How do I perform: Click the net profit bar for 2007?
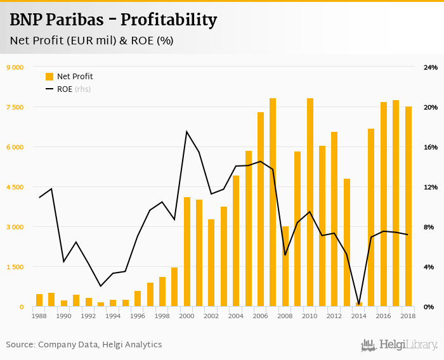point(273,203)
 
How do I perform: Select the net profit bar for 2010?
point(310,203)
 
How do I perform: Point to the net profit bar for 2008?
point(285,266)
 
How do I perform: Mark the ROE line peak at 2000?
point(186,132)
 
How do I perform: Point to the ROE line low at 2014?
point(359,304)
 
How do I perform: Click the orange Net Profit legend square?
point(49,77)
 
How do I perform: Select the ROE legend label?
point(65,89)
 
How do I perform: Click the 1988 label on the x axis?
point(39,315)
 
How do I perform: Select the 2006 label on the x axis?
point(261,315)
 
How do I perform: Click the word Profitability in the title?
point(169,20)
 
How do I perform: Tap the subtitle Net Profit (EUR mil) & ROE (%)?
point(91,41)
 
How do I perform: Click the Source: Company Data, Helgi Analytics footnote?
point(84,345)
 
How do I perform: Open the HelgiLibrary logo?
point(399,345)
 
